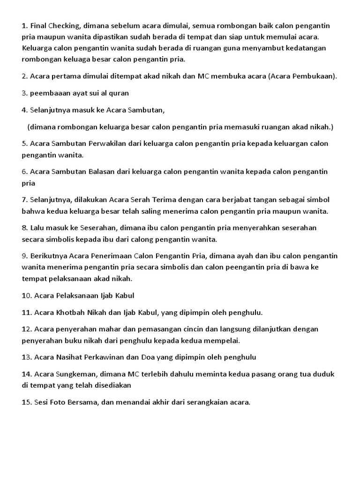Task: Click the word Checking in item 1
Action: click(64, 25)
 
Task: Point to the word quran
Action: click(118, 93)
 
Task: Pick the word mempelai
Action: click(222, 340)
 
